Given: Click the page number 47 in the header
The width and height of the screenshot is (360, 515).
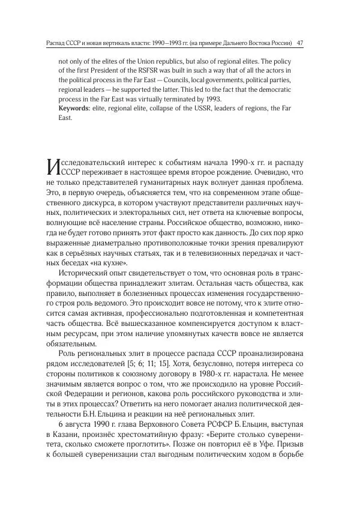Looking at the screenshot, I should (x=299, y=43).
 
